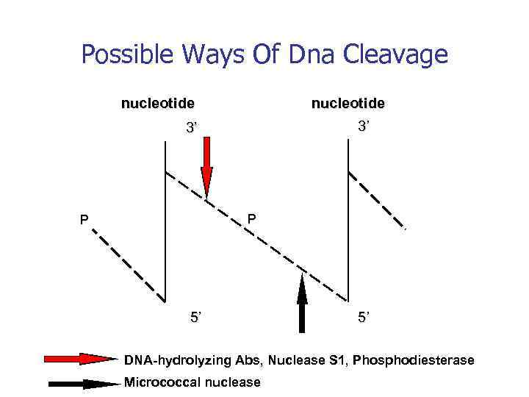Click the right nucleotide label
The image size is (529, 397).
348,104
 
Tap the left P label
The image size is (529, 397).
85,219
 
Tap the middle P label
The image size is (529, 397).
252,218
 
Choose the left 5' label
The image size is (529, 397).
196,318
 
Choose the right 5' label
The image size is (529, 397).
364,318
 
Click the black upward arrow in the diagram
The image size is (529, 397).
302,301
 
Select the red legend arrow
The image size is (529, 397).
81,360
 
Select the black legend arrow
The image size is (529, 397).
81,383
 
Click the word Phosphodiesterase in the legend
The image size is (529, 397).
414,360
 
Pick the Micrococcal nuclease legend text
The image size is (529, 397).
192,382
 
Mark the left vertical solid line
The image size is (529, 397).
165,221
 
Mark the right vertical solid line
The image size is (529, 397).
346,221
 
